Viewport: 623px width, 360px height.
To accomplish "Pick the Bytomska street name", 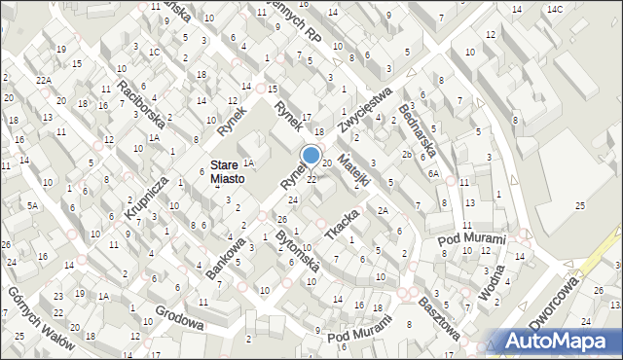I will [296, 254].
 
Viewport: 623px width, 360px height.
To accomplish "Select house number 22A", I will [43, 80].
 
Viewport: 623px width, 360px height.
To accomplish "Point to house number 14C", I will [554, 9].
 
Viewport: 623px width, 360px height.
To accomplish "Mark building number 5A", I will [32, 206].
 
